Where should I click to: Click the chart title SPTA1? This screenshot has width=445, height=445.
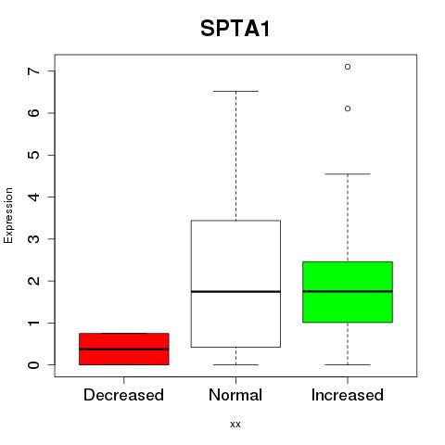(235, 29)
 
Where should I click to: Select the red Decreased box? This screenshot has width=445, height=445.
(124, 349)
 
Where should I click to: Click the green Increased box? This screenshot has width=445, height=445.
(348, 292)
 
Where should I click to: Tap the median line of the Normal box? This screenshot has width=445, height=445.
(235, 291)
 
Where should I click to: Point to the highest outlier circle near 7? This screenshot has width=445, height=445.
(348, 67)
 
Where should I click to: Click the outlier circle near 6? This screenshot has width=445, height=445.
(348, 108)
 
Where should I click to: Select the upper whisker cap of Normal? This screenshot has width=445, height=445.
(235, 91)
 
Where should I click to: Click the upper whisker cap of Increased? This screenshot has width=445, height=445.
(348, 174)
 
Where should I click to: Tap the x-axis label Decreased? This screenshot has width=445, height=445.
(123, 395)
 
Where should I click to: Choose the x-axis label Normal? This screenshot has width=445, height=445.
(235, 395)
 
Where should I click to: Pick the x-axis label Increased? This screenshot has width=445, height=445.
(348, 395)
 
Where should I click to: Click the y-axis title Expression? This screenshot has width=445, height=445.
(8, 215)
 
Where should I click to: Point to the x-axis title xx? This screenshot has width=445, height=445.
(235, 425)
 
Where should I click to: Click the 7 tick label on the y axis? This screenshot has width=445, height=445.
(33, 70)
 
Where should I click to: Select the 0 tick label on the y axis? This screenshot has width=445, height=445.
(33, 365)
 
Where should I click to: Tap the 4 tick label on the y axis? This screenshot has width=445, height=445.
(33, 197)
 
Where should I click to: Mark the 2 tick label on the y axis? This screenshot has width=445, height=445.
(33, 281)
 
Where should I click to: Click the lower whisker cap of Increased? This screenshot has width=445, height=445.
(348, 364)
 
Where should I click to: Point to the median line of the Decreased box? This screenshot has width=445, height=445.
(124, 350)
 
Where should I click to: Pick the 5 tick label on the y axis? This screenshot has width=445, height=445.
(33, 155)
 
